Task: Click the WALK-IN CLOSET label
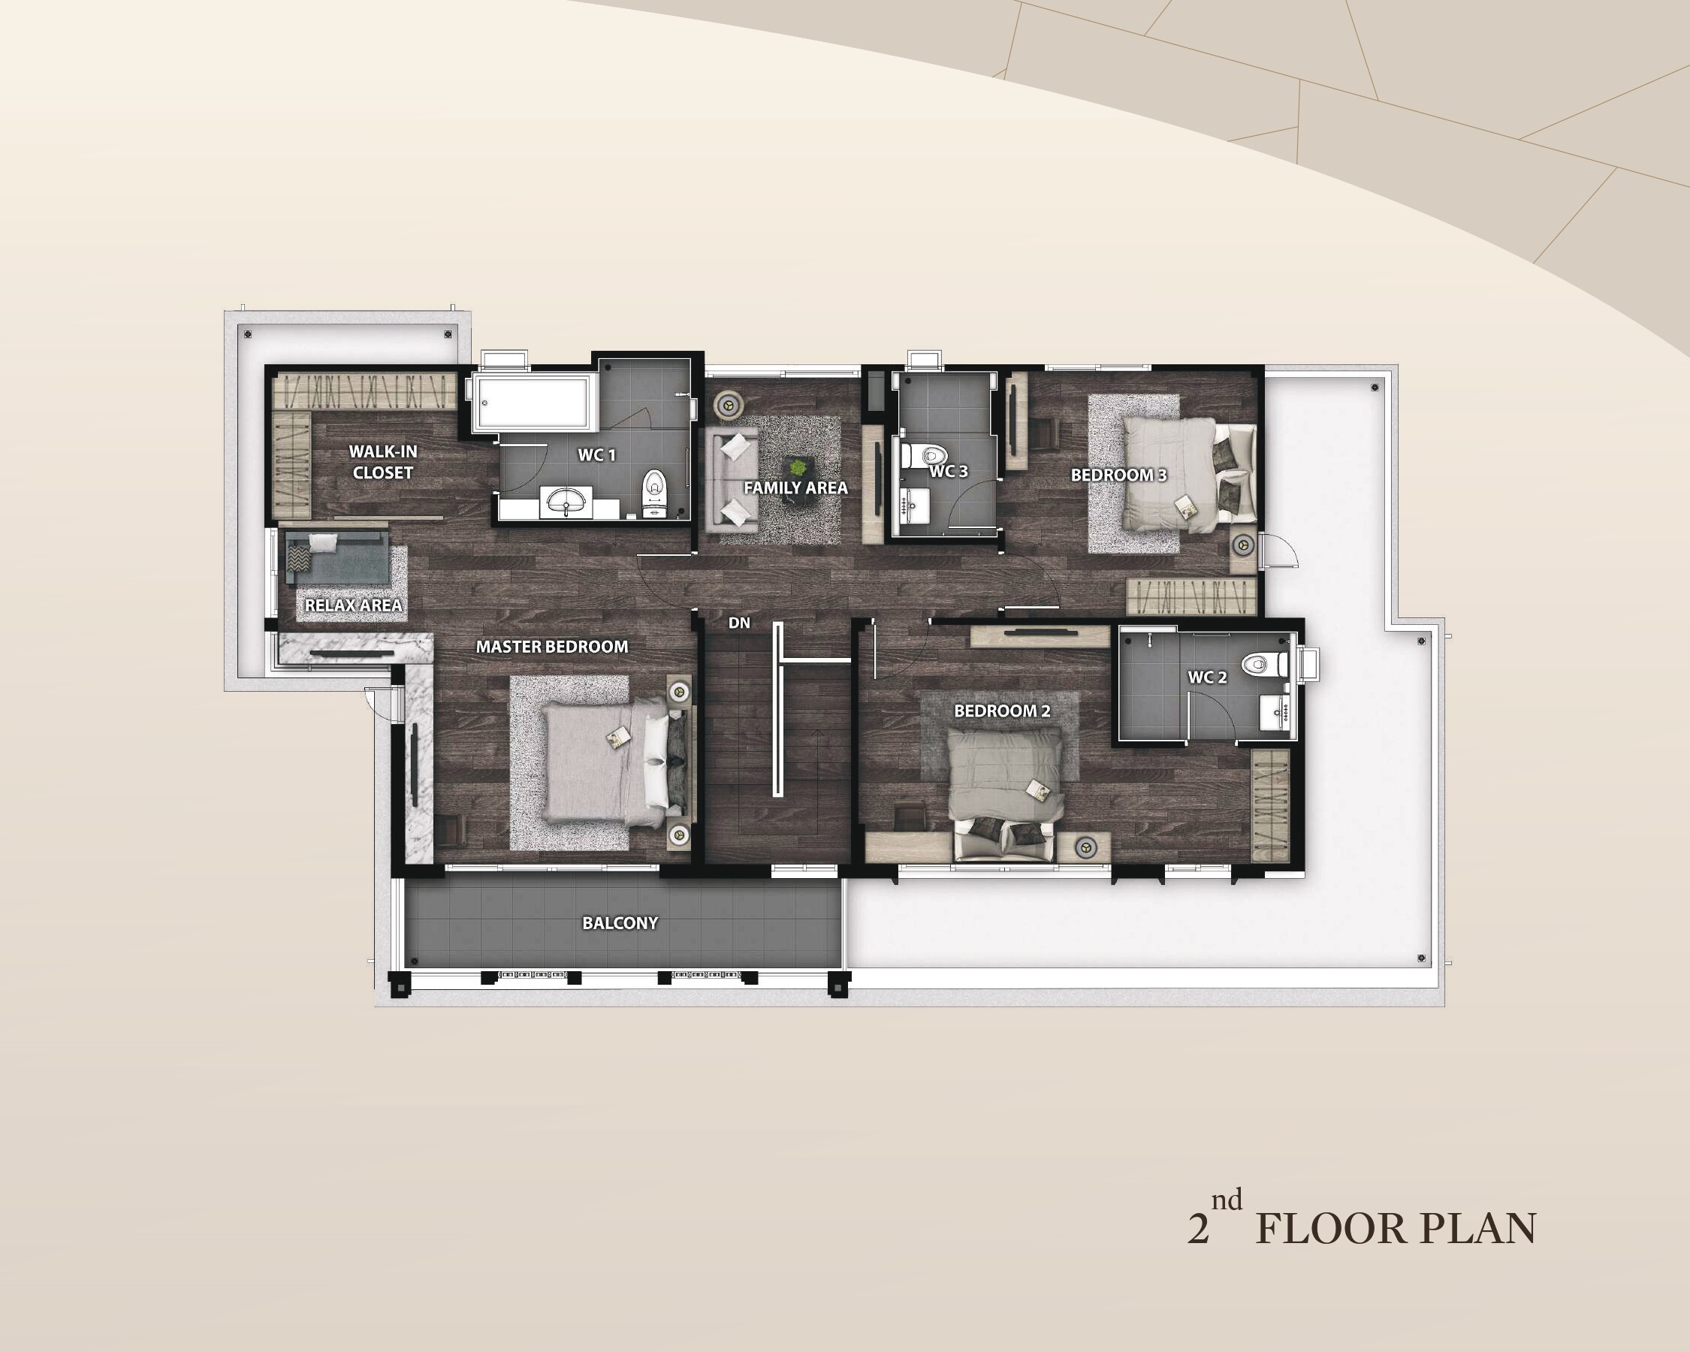(x=382, y=462)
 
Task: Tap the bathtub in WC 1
(x=531, y=402)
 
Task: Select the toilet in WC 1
(x=653, y=493)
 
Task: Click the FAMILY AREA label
(x=795, y=487)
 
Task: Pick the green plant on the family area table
(x=798, y=468)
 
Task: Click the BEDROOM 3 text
(x=1118, y=475)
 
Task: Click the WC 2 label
(x=1207, y=677)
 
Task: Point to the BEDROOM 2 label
(x=1002, y=711)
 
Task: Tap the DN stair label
(x=739, y=623)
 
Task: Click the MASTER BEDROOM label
(x=552, y=647)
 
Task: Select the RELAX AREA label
(x=354, y=605)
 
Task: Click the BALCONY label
(x=620, y=922)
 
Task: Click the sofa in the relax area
(x=337, y=557)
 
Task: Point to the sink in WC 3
(x=915, y=506)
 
